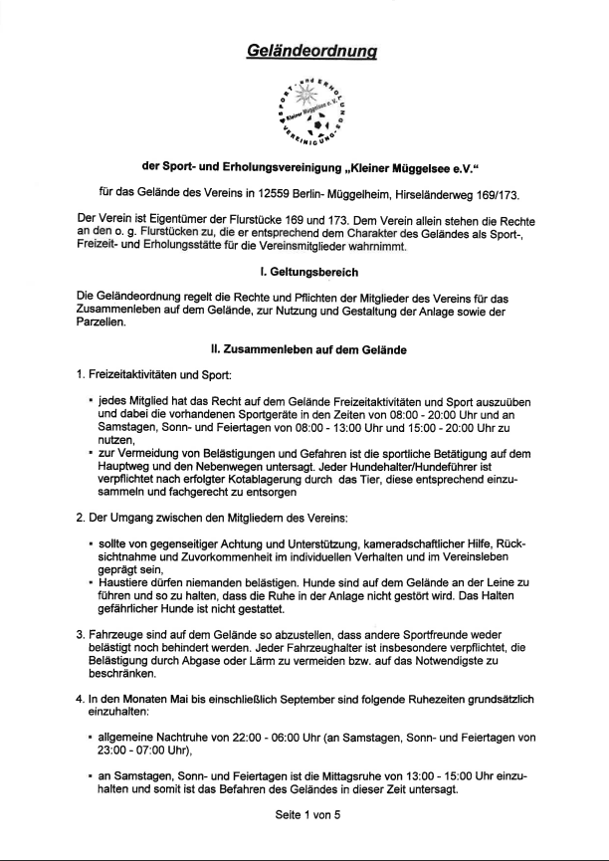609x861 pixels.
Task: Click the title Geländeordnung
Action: [304, 51]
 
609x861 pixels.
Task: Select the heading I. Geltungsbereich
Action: [304, 272]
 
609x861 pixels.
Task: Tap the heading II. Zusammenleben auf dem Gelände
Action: [304, 350]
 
